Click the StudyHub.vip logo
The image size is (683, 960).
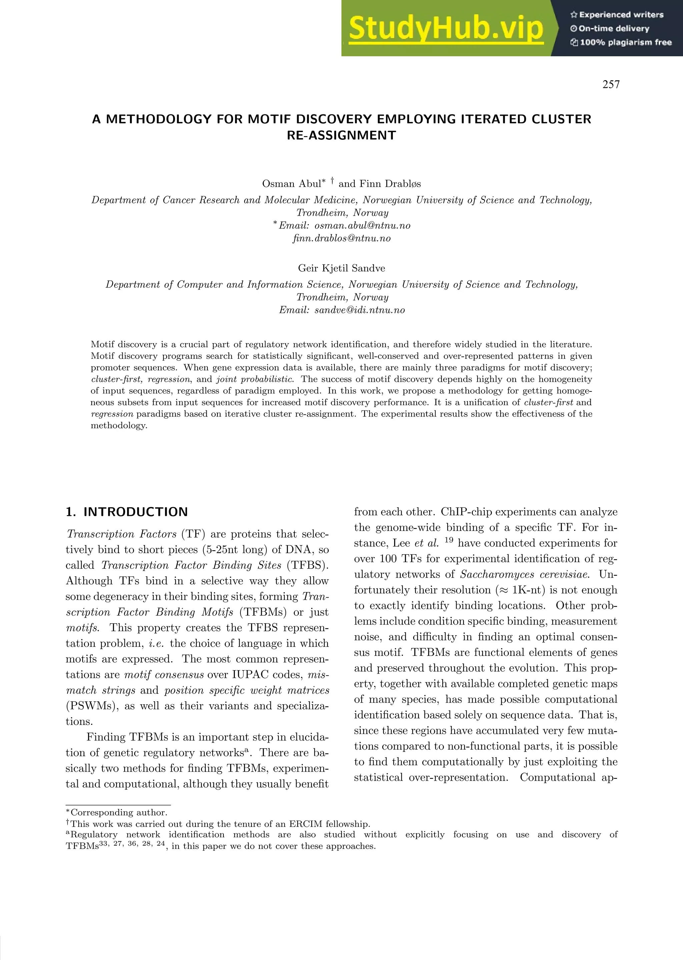click(x=446, y=28)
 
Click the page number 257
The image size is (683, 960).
click(x=611, y=84)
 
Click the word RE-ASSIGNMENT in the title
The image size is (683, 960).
click(x=341, y=135)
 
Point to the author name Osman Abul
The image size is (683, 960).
click(x=291, y=184)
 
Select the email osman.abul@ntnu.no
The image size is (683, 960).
click(x=362, y=225)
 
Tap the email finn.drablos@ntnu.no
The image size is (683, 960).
click(x=341, y=238)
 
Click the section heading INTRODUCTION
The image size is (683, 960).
click(x=135, y=512)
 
